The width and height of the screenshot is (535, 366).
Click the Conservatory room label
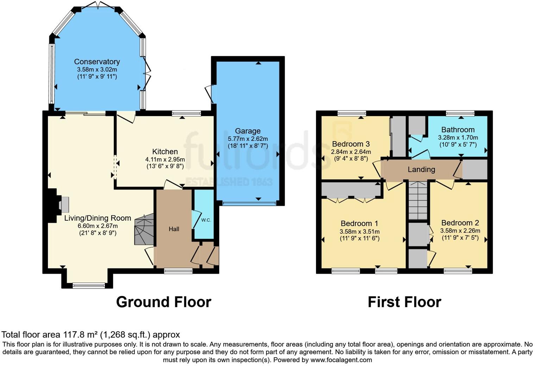[97, 62]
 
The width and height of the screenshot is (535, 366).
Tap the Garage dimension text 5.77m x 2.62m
[247, 139]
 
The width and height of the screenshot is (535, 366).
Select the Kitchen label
[165, 152]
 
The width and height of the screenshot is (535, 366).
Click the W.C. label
[206, 220]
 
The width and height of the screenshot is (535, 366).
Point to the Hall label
[174, 229]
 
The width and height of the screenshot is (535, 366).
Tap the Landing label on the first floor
[421, 170]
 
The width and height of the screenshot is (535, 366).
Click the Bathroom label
[458, 130]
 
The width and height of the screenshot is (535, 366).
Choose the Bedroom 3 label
[351, 144]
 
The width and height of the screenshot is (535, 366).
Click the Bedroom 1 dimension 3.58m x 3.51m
[359, 232]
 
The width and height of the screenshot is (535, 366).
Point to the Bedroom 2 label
[460, 223]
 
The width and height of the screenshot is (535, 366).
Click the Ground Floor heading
[163, 302]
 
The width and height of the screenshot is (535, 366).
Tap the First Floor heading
[404, 302]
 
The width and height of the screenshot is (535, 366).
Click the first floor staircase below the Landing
[418, 200]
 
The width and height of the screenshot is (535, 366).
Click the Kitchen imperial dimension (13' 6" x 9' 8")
[165, 166]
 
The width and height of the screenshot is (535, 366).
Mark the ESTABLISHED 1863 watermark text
[229, 182]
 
